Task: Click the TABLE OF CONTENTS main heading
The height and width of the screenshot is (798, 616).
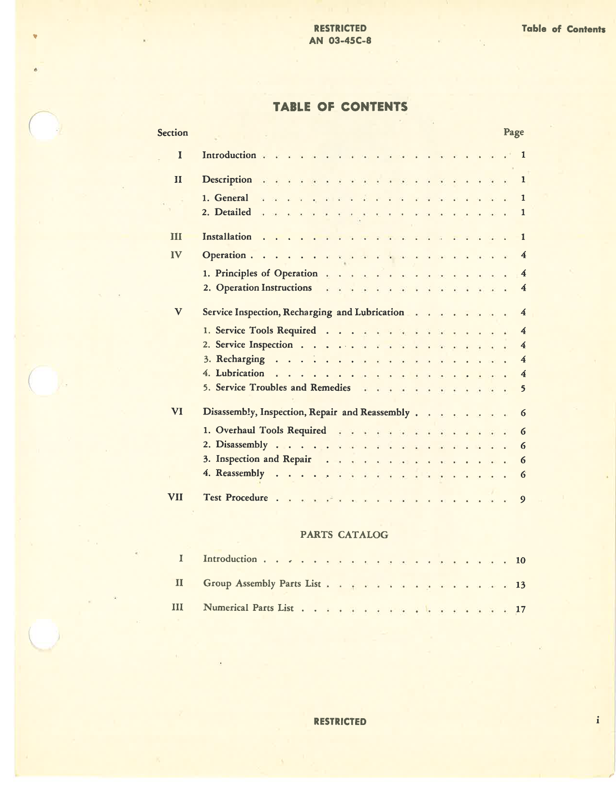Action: (340, 107)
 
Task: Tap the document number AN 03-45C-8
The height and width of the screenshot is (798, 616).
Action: (340, 40)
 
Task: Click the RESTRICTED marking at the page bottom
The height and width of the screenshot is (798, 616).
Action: (340, 722)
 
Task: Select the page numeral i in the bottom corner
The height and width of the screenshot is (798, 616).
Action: (598, 720)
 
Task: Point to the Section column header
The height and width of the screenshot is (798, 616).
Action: (172, 133)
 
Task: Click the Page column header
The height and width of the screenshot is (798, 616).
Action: (514, 132)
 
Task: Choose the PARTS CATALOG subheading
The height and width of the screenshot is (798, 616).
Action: (344, 534)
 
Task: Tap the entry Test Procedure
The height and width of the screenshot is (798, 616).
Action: (236, 497)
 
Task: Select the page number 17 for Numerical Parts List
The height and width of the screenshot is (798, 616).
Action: (520, 609)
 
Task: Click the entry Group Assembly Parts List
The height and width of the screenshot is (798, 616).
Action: (262, 583)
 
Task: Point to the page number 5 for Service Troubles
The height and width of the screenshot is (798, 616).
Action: (523, 388)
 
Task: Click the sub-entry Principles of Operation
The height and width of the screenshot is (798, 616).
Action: (266, 273)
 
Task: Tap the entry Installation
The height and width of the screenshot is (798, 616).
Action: (227, 236)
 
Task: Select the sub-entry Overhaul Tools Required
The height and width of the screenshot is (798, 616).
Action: (271, 430)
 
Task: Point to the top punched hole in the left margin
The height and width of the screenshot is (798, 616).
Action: (43, 126)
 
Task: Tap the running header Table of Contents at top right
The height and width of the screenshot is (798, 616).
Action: (563, 29)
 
